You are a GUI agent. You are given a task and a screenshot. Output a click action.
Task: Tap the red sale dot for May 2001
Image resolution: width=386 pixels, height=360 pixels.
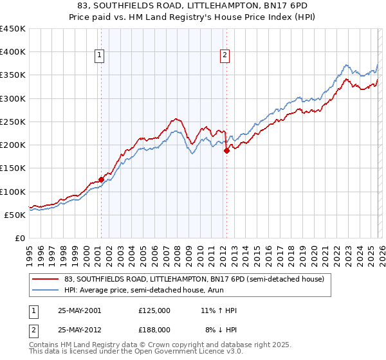point(101,180)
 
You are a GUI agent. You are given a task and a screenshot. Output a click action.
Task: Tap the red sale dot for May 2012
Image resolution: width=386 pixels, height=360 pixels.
point(226,151)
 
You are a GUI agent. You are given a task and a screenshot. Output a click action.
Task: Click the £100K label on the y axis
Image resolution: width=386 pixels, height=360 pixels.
point(13,192)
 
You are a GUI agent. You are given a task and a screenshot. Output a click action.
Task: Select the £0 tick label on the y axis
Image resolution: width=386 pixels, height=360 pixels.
point(21,238)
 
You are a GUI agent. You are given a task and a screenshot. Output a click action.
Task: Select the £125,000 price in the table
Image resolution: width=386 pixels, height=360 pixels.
point(154,310)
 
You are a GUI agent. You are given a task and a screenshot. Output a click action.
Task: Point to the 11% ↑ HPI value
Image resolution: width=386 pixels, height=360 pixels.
point(219,310)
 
